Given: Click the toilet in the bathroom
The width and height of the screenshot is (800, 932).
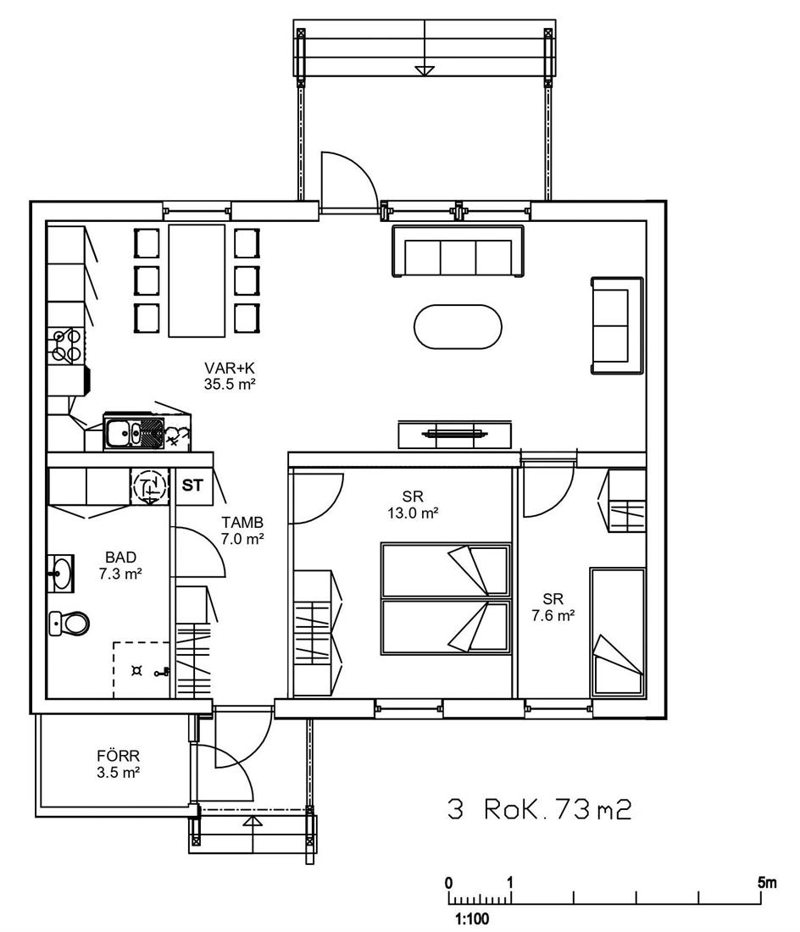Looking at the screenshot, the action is tap(69, 624).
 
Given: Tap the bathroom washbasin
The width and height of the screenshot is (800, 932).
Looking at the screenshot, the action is tap(61, 574).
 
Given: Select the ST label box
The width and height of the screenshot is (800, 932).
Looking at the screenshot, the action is tap(192, 485).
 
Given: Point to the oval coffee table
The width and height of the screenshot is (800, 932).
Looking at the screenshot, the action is tap(458, 326).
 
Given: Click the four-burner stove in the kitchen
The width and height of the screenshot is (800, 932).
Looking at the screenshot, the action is tap(66, 346).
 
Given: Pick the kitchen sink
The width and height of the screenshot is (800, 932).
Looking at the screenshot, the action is tap(134, 431).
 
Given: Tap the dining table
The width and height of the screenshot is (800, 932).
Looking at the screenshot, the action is tap(197, 280).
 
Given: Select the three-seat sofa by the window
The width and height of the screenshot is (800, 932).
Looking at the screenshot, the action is tap(458, 251).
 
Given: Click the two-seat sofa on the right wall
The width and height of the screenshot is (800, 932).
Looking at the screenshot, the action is tap(617, 325).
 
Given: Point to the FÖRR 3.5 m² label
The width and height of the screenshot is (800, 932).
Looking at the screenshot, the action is tap(119, 764).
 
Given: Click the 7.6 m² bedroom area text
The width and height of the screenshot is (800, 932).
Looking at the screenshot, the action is tap(553, 616).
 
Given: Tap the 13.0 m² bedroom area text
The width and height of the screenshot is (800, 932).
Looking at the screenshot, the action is tap(413, 513).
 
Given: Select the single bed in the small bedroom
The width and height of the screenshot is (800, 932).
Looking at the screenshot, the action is tap(618, 632).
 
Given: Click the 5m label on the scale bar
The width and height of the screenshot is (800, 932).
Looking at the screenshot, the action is tap(767, 883).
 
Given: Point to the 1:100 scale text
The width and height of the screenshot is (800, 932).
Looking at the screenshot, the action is tap(473, 919).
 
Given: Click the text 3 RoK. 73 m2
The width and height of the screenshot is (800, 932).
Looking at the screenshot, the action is tap(539, 809).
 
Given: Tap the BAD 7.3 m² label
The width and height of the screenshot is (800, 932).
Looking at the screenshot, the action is tap(120, 565).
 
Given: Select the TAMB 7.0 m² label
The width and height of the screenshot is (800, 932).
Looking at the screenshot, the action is tap(242, 530).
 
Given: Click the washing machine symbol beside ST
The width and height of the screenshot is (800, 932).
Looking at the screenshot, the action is tap(149, 486).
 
